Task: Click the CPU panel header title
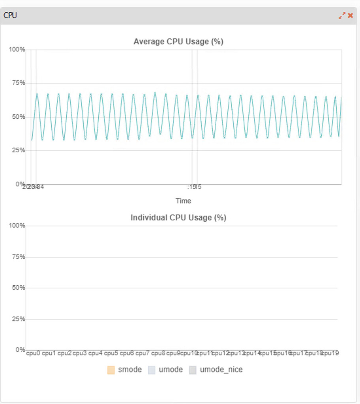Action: [10, 15]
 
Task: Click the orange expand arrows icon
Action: [342, 15]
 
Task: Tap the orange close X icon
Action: [351, 15]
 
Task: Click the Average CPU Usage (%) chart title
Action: [178, 41]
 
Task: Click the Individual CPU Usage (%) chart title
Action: [178, 217]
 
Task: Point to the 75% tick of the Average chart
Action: [17, 83]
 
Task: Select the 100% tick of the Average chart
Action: [17, 49]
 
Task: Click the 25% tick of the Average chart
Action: [17, 150]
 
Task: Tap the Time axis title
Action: [183, 201]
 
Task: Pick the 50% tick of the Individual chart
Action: [17, 288]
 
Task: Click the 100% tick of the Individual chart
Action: [17, 226]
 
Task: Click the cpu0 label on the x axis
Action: [33, 353]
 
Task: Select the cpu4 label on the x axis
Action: [96, 353]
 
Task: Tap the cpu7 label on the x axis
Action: [142, 353]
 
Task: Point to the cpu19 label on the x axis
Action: [330, 353]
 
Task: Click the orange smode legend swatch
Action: [111, 370]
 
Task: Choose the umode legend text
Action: [171, 370]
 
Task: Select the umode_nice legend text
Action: [221, 370]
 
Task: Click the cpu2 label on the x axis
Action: [64, 353]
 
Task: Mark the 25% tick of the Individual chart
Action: [17, 319]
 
